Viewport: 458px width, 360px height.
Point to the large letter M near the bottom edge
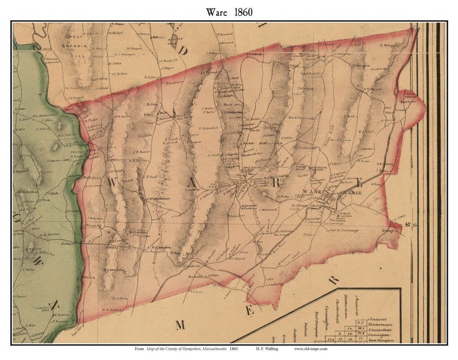click(x=180, y=325)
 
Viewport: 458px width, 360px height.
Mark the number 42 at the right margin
click(x=407, y=224)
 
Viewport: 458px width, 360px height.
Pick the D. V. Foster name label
click(x=110, y=309)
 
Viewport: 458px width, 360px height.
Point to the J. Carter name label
click(x=366, y=148)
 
